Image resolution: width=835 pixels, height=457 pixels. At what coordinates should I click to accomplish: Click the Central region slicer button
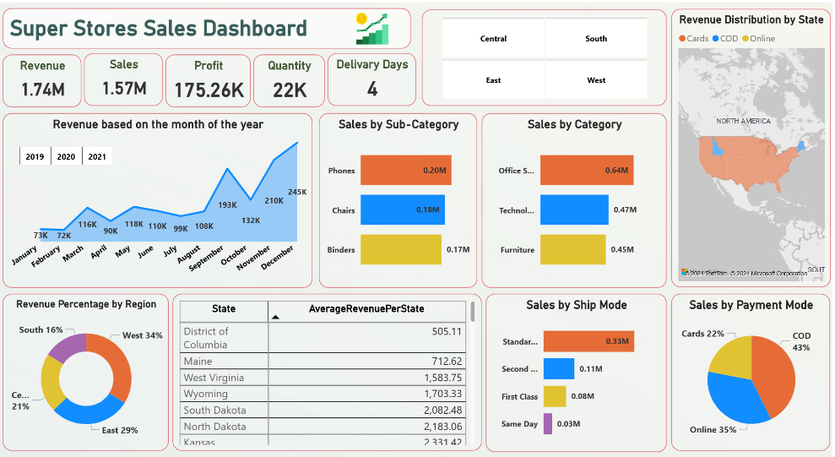(x=493, y=39)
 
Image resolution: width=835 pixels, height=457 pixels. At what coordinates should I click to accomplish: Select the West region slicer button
(x=596, y=80)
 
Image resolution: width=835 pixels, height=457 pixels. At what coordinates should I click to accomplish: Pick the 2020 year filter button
(x=66, y=157)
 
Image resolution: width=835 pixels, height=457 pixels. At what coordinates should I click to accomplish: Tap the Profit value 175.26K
(x=209, y=90)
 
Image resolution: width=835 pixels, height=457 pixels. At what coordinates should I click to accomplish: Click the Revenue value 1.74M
(x=42, y=89)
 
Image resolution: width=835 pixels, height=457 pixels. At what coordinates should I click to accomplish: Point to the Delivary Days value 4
(x=371, y=89)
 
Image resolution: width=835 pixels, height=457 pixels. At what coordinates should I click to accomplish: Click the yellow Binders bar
(x=400, y=249)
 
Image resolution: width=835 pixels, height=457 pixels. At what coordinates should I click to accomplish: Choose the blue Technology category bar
(x=573, y=209)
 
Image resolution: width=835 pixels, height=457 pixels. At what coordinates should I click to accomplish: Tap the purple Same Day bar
(x=548, y=423)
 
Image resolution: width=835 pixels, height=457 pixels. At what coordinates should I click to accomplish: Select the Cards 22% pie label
(x=702, y=334)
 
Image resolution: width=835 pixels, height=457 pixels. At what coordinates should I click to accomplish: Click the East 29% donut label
(x=120, y=430)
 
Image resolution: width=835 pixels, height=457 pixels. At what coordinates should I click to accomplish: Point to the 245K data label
(x=297, y=193)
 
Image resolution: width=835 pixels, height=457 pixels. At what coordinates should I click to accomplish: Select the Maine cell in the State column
(x=199, y=362)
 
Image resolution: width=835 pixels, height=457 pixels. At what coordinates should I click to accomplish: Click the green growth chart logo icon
(x=372, y=29)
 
